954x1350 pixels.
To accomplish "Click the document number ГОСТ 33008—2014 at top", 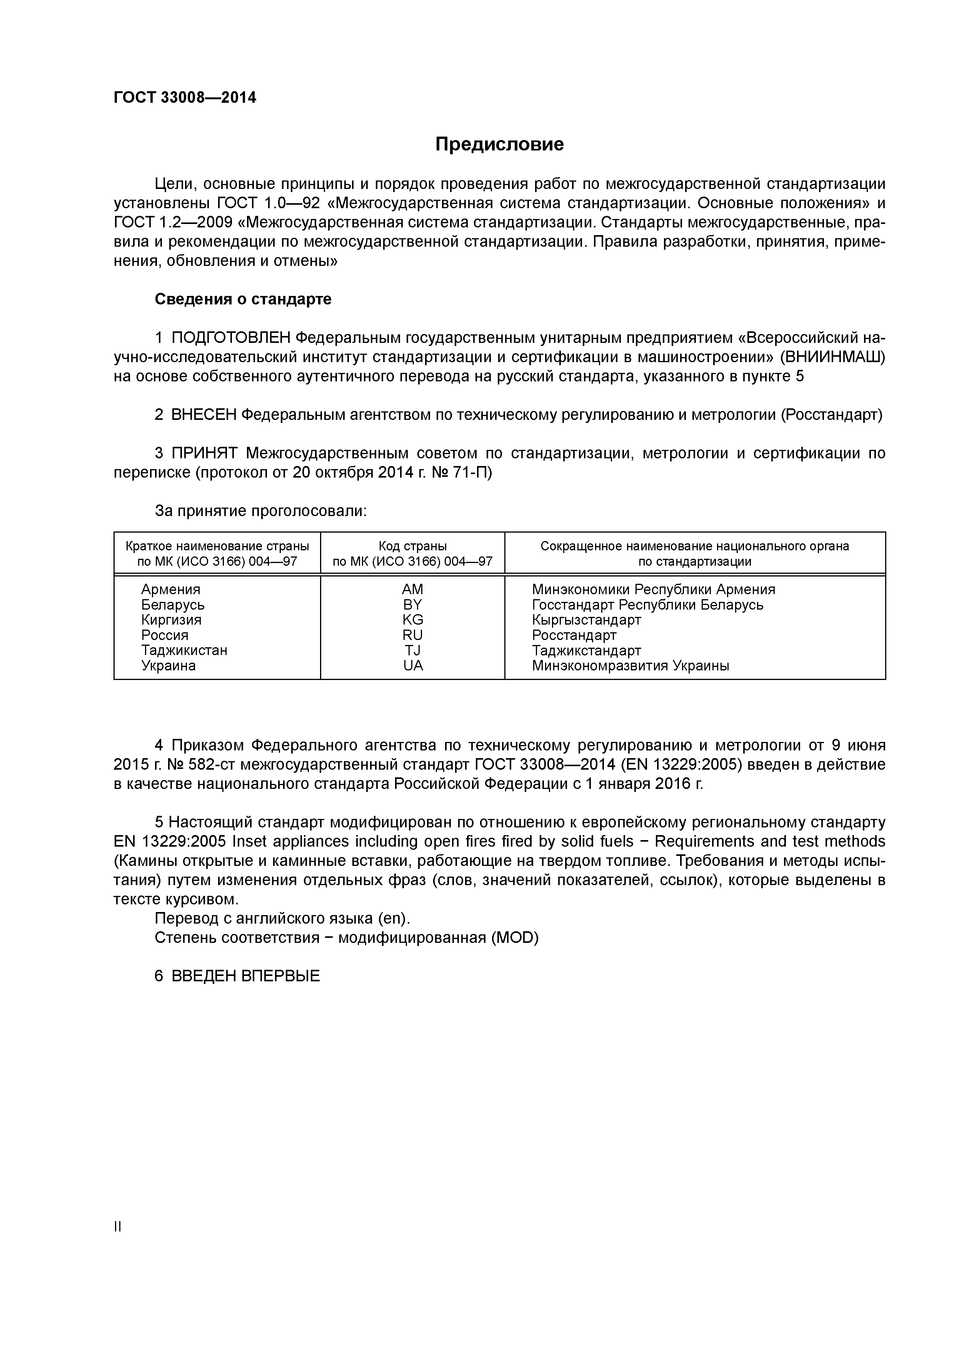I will [185, 98].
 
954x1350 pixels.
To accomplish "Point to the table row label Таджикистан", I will [184, 650].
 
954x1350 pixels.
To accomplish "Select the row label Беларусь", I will [173, 605].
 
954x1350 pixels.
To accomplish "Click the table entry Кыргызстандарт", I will [586, 620].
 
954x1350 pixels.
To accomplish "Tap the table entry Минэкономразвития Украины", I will [630, 666].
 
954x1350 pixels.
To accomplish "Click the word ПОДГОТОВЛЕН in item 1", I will [230, 338].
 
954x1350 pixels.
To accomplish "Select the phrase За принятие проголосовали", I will [260, 511].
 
